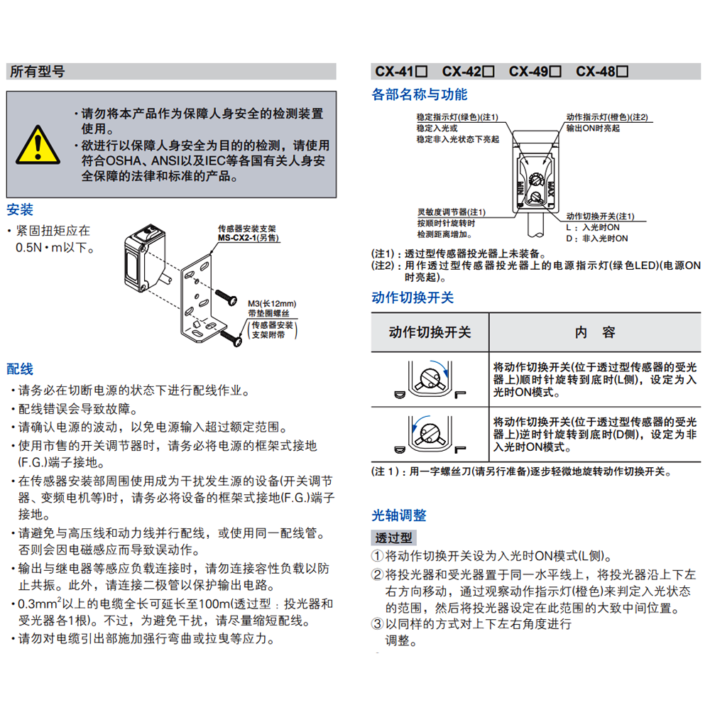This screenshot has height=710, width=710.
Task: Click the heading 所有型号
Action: tap(37, 72)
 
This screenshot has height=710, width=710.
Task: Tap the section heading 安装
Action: tap(20, 210)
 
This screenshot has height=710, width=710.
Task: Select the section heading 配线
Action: tap(20, 369)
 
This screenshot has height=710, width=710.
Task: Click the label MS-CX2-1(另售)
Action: tap(248, 238)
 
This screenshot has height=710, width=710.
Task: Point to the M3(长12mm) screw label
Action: tap(271, 302)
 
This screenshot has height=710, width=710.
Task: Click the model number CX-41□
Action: tap(400, 72)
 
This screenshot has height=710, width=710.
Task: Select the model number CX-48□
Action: tap(601, 72)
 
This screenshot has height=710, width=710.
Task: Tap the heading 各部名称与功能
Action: tap(420, 95)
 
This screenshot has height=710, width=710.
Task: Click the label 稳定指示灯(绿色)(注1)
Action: tap(457, 117)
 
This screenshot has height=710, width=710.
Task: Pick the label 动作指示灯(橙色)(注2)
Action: tap(607, 117)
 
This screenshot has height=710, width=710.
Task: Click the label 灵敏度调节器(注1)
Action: tap(452, 212)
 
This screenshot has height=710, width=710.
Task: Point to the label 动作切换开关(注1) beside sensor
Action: tap(600, 217)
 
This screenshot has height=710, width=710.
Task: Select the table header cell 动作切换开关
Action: tap(430, 332)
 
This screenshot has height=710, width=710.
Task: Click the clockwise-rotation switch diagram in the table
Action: tap(429, 380)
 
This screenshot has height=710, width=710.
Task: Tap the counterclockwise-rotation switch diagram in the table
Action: tap(429, 433)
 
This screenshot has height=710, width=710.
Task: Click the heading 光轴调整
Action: tap(399, 515)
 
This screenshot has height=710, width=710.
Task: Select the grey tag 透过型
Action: tap(394, 538)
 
